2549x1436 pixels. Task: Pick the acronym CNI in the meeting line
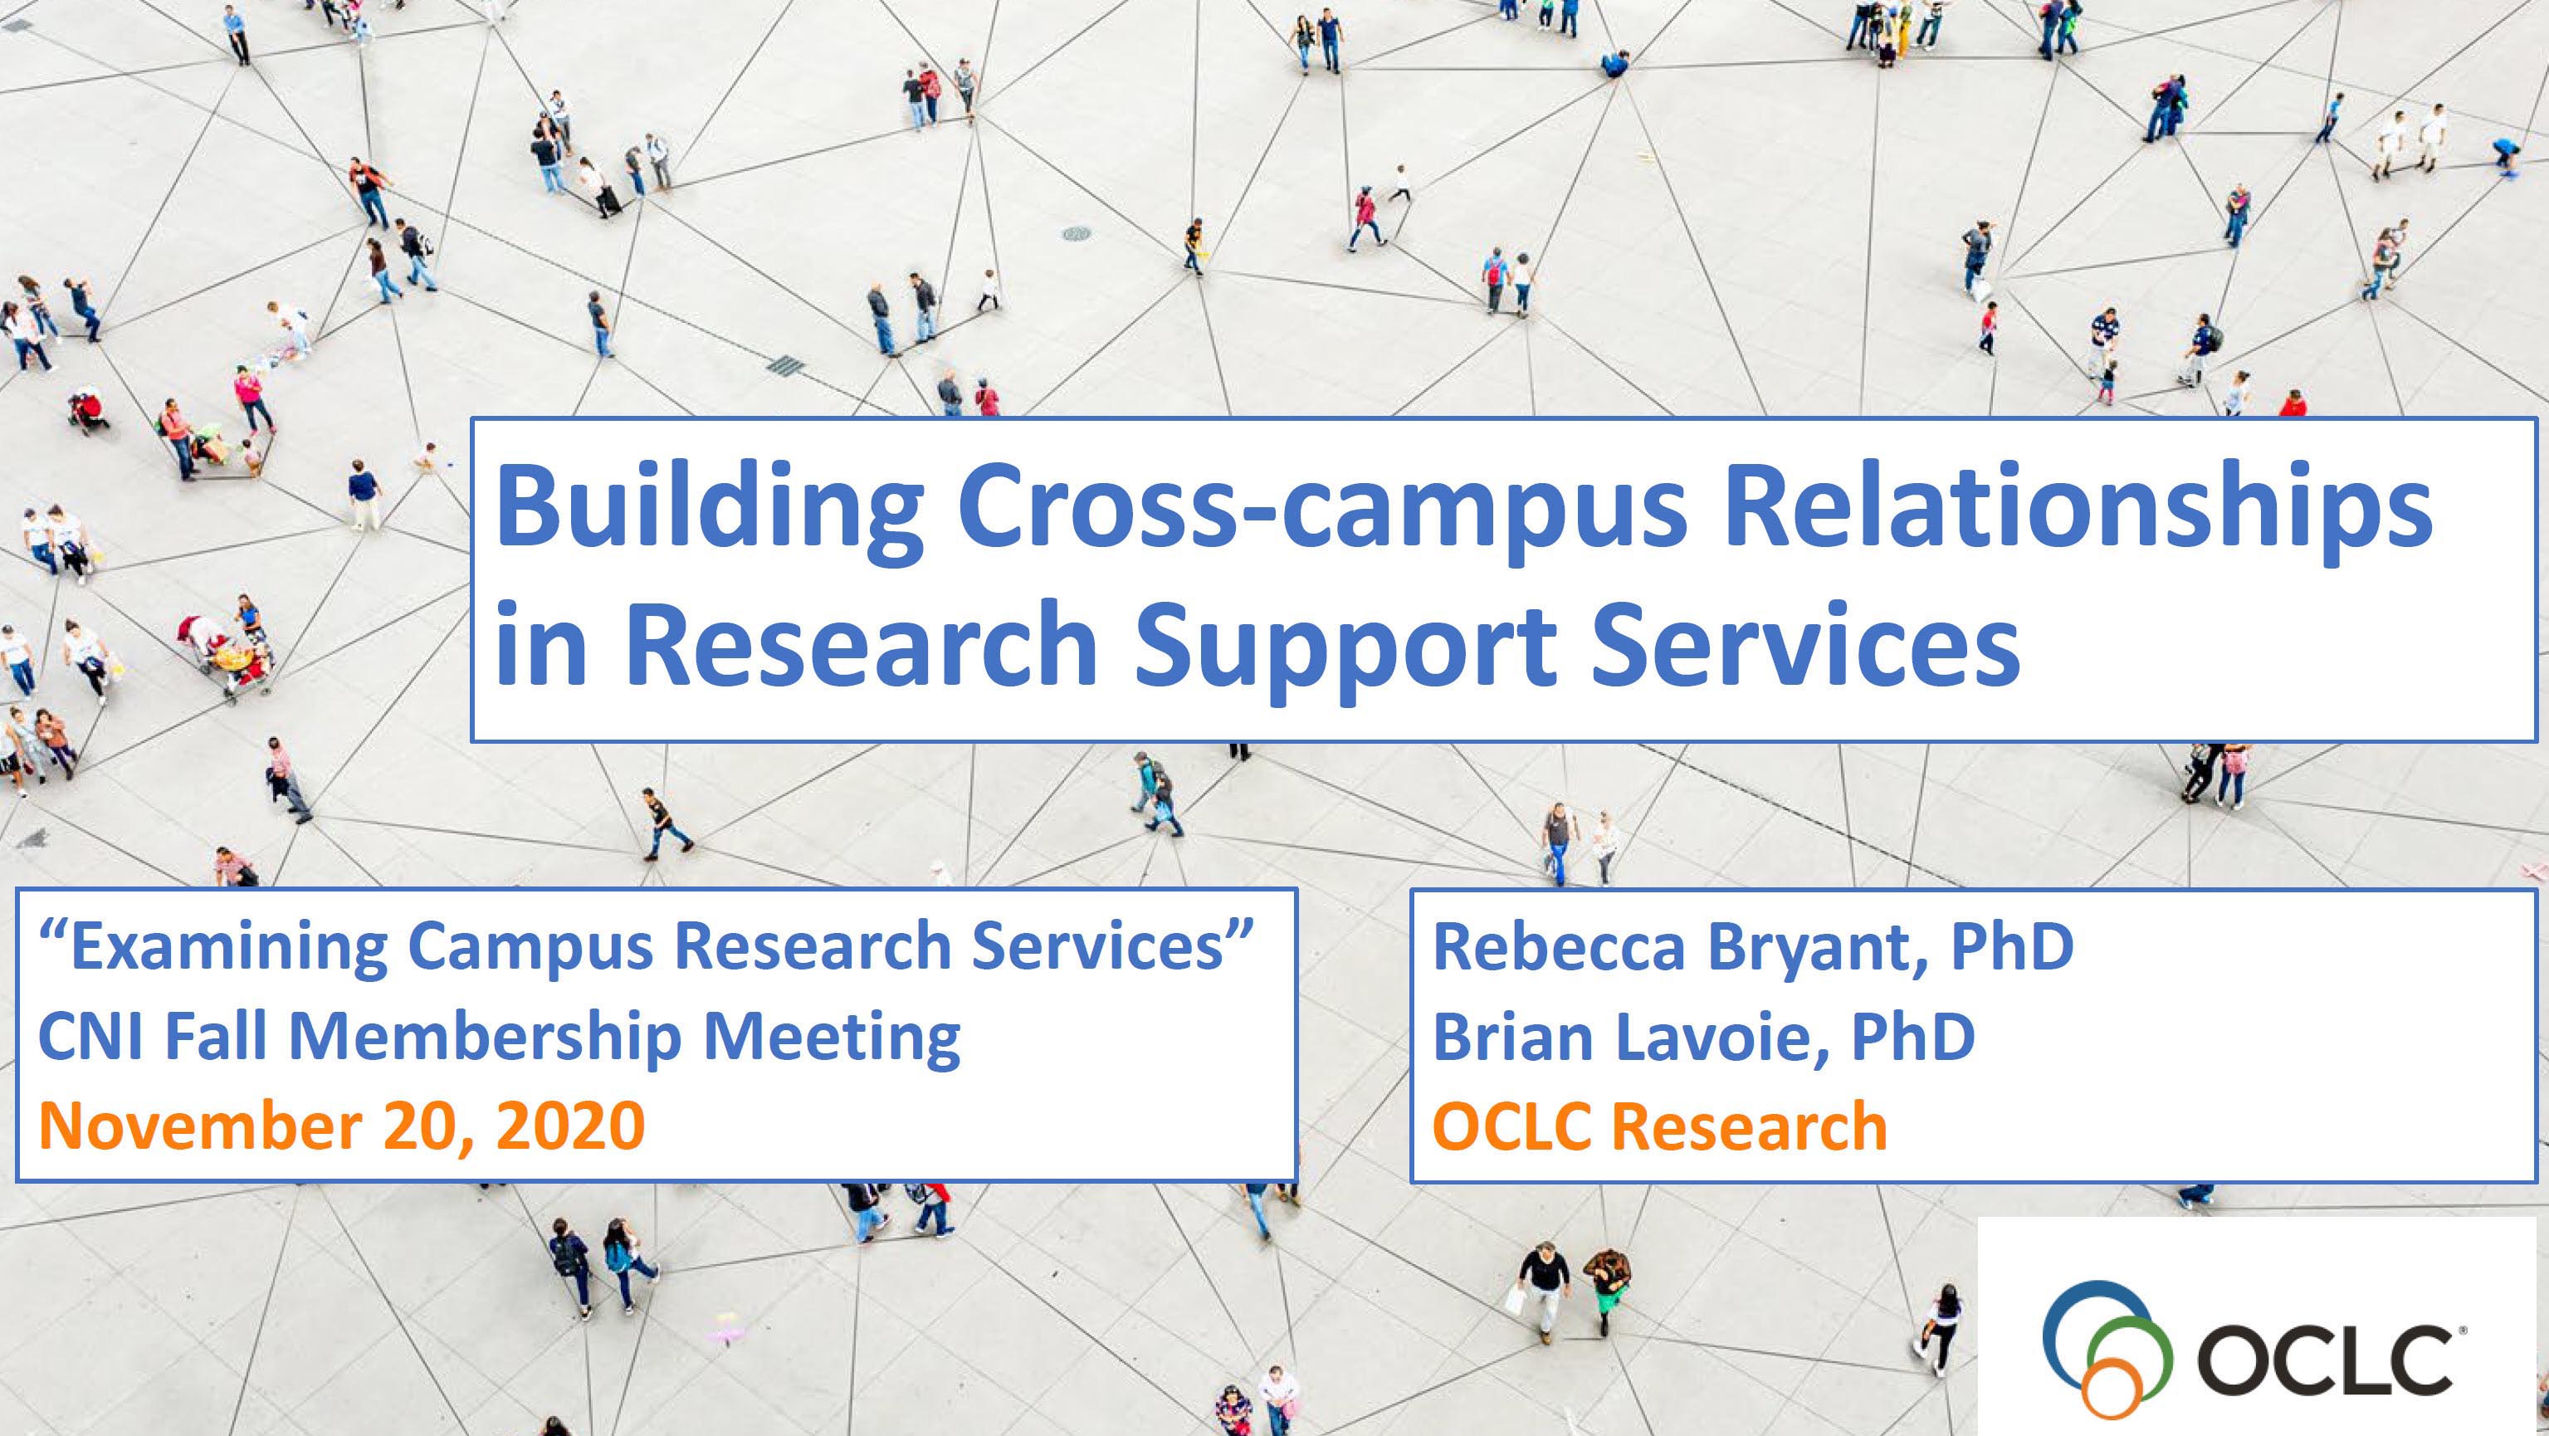tap(94, 1036)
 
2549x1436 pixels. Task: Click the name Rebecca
tap(1559, 946)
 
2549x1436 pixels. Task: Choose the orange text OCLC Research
tap(1659, 1127)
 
